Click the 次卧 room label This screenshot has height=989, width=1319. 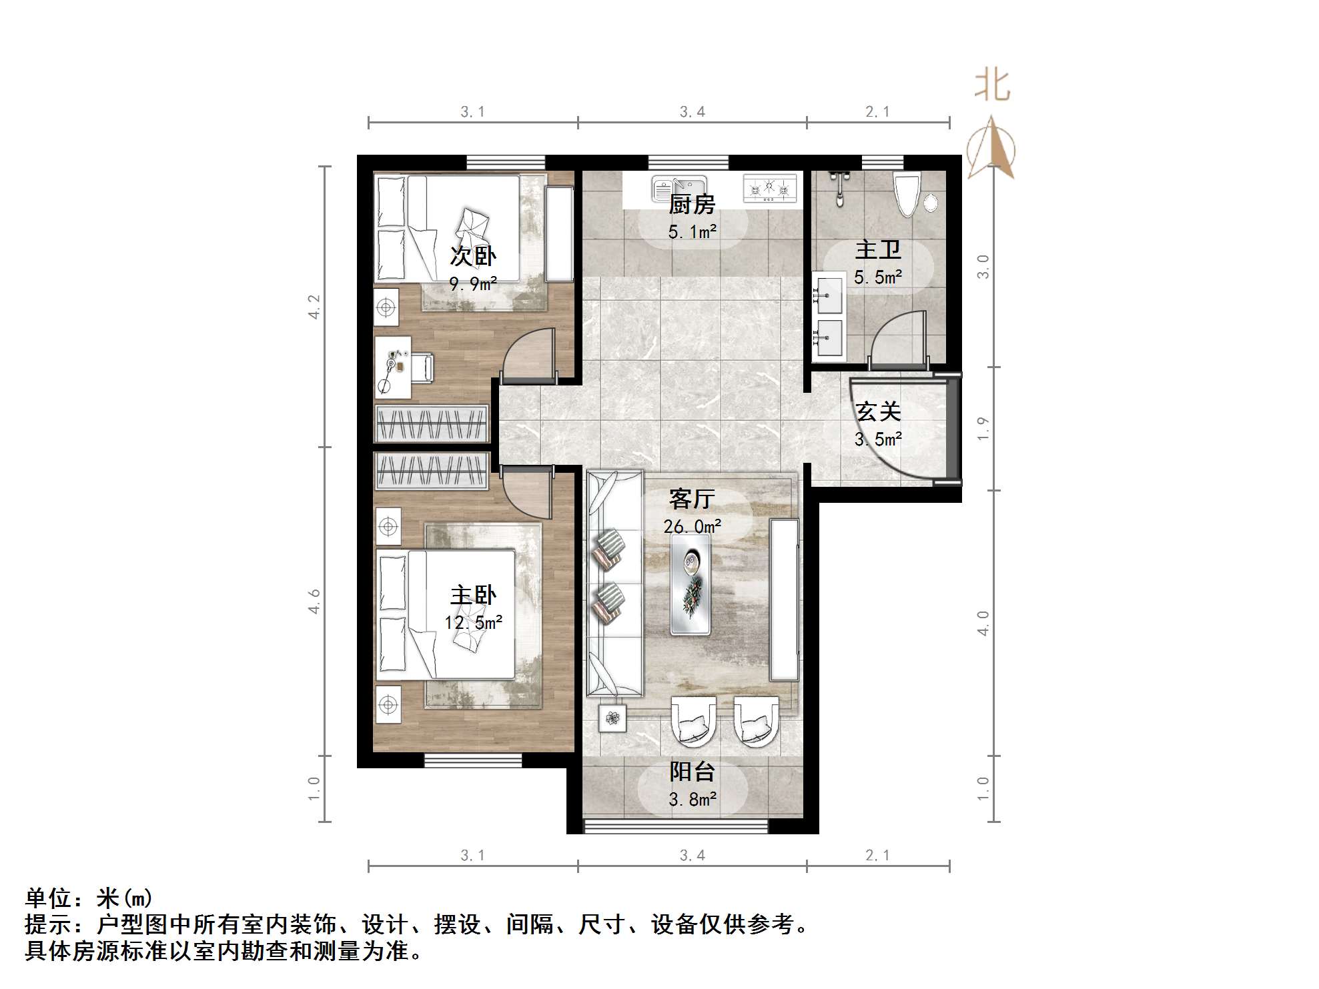(x=473, y=256)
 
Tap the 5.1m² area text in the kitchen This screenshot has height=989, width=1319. (x=693, y=232)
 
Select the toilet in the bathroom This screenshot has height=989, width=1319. (x=907, y=194)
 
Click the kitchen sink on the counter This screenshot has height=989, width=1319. (x=679, y=189)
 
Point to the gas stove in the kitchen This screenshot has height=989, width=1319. (x=770, y=189)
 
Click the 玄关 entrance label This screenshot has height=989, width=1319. (x=879, y=411)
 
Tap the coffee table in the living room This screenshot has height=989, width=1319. (x=690, y=584)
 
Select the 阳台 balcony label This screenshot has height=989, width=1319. (x=693, y=772)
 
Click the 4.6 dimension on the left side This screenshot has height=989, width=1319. (x=314, y=602)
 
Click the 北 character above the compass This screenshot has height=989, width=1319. (x=992, y=86)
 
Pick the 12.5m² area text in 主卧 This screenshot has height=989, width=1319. (x=473, y=623)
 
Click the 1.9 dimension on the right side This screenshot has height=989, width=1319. (x=983, y=428)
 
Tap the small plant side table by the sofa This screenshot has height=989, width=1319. (x=612, y=718)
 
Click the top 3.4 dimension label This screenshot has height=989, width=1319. (x=693, y=112)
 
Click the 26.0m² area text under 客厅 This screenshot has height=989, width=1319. (x=693, y=527)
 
